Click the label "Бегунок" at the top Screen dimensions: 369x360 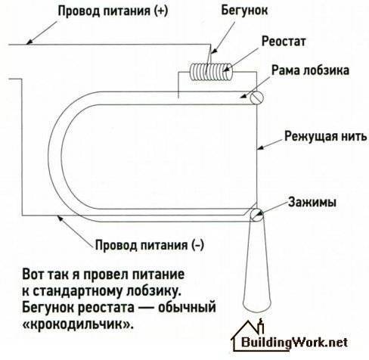244,11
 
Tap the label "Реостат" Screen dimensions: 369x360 284,42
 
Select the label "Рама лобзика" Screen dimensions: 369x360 310,70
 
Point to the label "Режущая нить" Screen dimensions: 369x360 326,136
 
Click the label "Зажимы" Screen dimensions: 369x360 312,202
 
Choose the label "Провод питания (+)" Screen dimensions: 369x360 113,11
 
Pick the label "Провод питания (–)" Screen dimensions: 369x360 149,245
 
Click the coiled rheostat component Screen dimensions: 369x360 211,72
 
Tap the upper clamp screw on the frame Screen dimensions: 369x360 257,98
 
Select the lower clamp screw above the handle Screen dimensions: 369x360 257,215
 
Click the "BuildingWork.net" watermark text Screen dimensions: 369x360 294,343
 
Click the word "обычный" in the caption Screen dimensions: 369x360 187,308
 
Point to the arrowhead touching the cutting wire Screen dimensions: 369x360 260,148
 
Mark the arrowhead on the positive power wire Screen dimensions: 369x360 29,42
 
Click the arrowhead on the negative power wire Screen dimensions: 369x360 60,219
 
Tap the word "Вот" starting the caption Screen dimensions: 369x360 33,275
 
